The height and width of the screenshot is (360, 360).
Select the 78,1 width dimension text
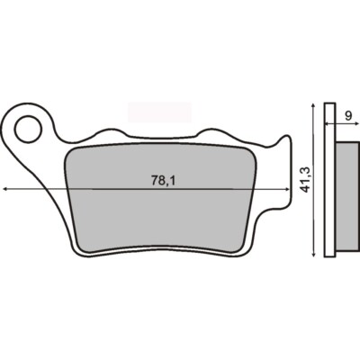[x=162, y=181]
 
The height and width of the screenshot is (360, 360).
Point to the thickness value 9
[x=347, y=114]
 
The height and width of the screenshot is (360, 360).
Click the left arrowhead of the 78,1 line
[x=7, y=189]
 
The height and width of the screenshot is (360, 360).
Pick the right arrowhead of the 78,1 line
[x=291, y=189]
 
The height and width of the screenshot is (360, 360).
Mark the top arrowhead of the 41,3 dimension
[x=311, y=104]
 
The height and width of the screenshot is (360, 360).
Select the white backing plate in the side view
[x=329, y=180]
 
